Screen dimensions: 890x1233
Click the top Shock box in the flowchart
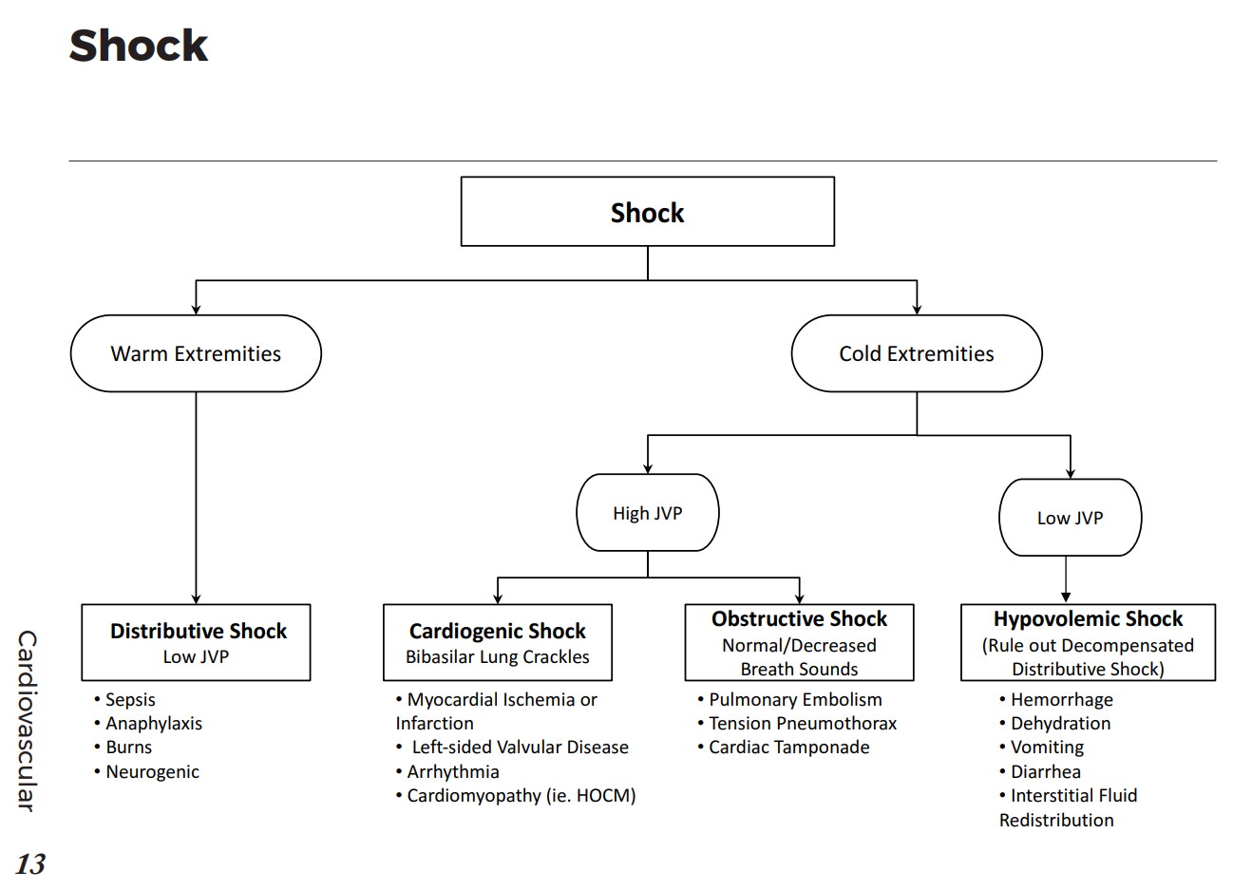pos(647,212)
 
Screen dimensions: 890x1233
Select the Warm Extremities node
pos(196,353)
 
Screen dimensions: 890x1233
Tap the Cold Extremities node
pos(916,353)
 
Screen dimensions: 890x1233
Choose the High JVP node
pos(647,513)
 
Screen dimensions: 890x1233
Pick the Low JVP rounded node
pos(1070,518)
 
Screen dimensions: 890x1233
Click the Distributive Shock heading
pos(198,631)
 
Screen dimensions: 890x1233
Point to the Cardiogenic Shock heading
pos(497,631)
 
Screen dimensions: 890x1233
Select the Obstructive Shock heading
pos(799,619)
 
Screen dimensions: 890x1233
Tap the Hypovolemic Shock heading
pos(1088,619)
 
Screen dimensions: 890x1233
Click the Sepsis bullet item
pos(130,700)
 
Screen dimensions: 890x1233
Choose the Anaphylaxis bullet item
pos(153,724)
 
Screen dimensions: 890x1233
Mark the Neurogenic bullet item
pos(152,772)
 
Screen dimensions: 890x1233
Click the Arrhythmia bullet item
pos(452,772)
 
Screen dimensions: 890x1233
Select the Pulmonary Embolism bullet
pos(794,700)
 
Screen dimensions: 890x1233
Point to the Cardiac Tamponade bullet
pos(788,748)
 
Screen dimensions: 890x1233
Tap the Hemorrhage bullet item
pos(1061,700)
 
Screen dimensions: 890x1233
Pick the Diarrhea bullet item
pos(1045,772)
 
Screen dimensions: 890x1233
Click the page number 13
pos(30,863)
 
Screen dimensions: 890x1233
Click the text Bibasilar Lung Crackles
pos(497,657)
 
